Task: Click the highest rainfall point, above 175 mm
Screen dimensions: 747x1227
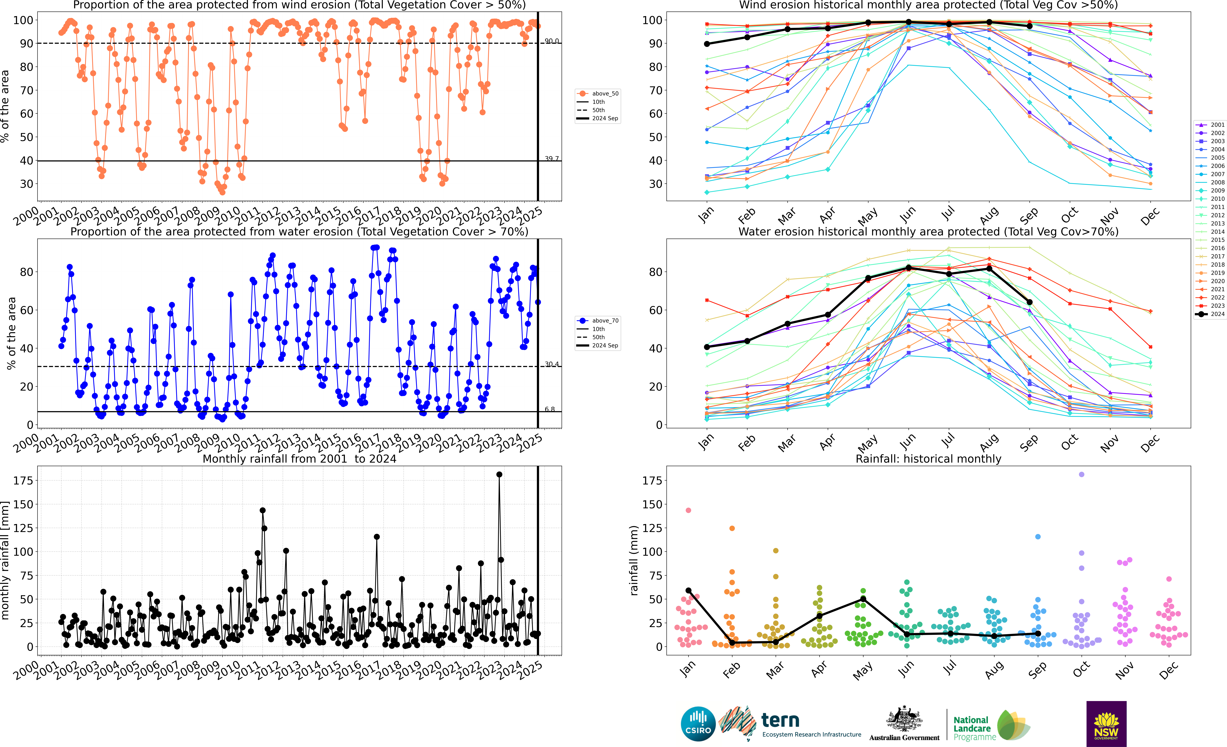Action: click(x=499, y=475)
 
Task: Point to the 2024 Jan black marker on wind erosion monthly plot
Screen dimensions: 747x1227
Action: click(x=707, y=44)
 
